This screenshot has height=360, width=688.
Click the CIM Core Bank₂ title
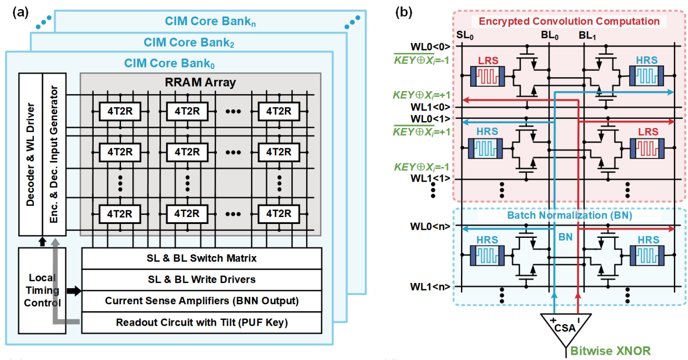click(189, 42)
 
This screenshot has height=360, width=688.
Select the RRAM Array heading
click(200, 82)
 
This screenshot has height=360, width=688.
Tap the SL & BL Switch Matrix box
click(202, 258)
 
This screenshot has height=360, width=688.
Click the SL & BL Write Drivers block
click(202, 280)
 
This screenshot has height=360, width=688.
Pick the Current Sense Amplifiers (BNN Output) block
click(202, 301)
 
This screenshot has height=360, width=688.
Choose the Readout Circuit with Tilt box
click(202, 322)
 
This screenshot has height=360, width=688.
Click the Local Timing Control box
click(42, 290)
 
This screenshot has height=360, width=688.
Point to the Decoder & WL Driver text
click(30, 154)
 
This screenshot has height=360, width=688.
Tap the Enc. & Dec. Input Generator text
click(54, 154)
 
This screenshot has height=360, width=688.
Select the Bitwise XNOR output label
click(610, 351)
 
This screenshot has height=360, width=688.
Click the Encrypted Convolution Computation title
click(569, 21)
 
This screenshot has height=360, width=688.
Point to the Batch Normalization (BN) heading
click(570, 215)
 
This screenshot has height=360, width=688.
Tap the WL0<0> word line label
click(430, 47)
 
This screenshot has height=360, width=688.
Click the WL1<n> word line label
click(430, 287)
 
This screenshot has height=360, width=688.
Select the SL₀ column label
click(465, 35)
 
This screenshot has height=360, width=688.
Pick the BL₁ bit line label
click(587, 35)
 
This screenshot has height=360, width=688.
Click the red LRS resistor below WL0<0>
click(488, 76)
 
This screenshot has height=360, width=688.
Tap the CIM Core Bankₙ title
click(210, 21)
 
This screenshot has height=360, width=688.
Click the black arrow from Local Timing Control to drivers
click(74, 291)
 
